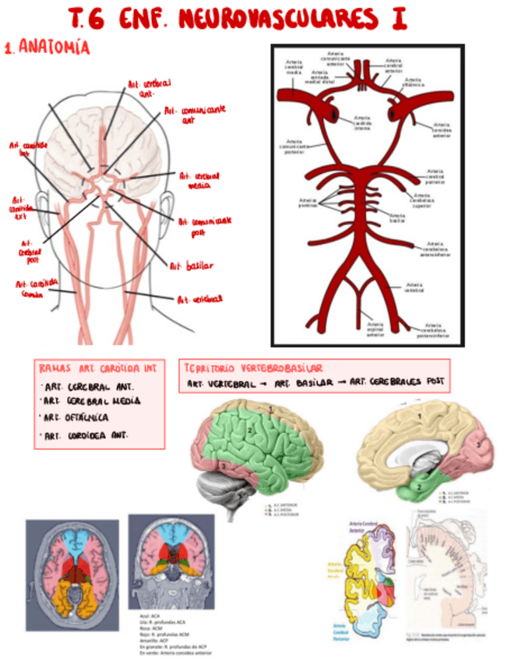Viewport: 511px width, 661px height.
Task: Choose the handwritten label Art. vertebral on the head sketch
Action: point(199,299)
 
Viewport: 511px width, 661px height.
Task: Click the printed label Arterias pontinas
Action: point(308,203)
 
